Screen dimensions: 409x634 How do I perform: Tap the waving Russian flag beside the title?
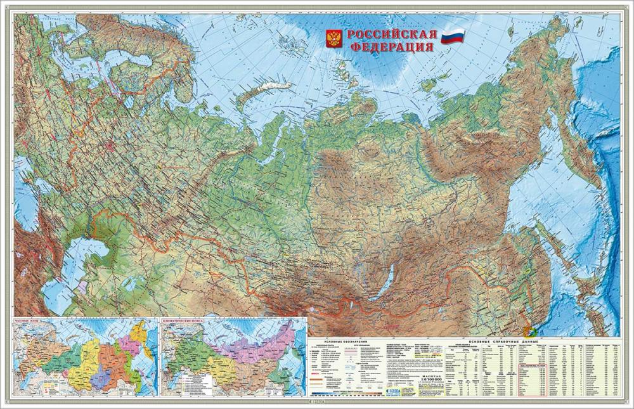(x=453, y=36)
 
